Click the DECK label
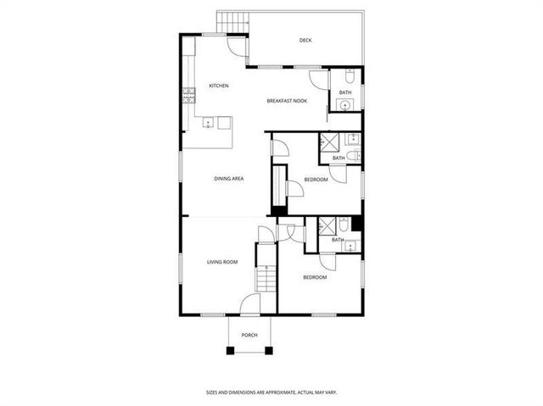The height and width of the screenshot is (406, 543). click(x=305, y=41)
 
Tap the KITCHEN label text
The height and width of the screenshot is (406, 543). click(x=219, y=86)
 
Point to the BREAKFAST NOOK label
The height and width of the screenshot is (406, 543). click(x=287, y=101)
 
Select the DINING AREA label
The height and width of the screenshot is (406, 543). click(x=229, y=179)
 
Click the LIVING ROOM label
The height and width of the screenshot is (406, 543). click(x=222, y=262)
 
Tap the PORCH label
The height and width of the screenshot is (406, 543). click(x=249, y=336)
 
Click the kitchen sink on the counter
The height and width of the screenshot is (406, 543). click(x=206, y=123)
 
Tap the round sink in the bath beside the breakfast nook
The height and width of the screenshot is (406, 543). click(x=344, y=105)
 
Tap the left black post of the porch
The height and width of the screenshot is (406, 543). click(x=229, y=349)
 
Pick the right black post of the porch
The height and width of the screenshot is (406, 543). click(x=270, y=349)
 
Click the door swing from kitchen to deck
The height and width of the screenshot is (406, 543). click(x=241, y=46)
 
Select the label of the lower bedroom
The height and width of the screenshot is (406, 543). click(x=314, y=277)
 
